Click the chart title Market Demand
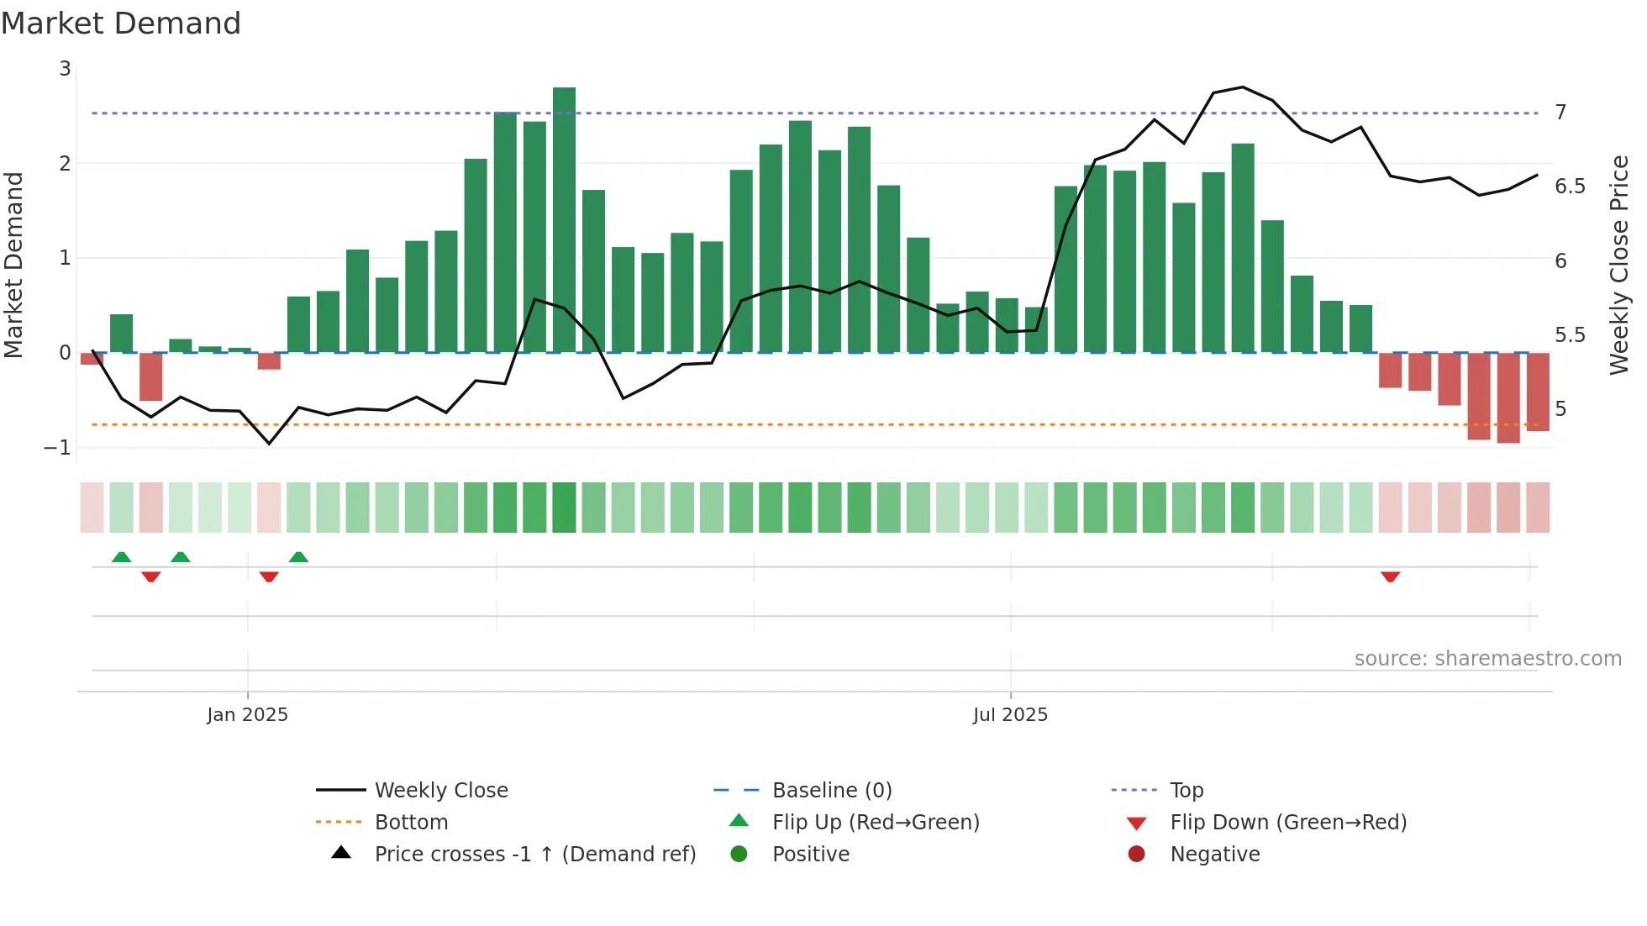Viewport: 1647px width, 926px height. click(121, 24)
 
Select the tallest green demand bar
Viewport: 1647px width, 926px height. click(564, 218)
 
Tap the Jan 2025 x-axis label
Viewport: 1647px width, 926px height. click(247, 715)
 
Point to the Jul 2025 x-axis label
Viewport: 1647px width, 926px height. click(1010, 715)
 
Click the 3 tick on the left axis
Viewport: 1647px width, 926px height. click(65, 69)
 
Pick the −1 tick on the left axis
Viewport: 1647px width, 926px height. click(57, 448)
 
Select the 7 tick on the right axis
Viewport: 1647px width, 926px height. click(1560, 113)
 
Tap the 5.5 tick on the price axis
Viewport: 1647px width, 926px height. click(1570, 335)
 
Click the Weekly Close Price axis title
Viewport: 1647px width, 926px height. click(1619, 265)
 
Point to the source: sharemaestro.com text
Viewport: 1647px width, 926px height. click(1487, 659)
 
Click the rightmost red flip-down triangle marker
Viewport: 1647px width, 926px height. click(1390, 576)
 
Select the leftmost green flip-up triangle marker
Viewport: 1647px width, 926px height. click(121, 557)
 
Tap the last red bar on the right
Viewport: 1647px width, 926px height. click(1538, 392)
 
